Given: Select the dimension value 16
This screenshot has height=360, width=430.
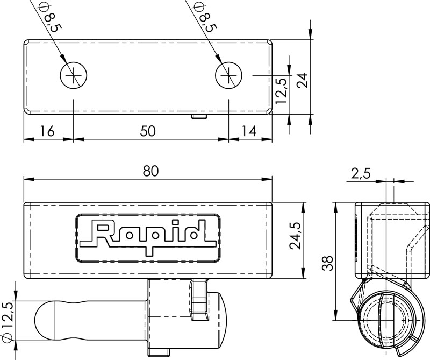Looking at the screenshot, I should point(48,131).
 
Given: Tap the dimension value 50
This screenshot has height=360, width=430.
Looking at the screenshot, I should point(148,131).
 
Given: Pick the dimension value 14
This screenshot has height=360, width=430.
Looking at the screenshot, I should point(249,131).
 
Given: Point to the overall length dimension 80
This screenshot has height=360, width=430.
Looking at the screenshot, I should point(150,171).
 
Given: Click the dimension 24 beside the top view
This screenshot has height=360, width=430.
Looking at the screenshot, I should point(303,80).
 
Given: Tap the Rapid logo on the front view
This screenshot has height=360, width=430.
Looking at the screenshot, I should point(148,236).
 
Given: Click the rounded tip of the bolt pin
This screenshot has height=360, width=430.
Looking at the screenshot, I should point(43,320).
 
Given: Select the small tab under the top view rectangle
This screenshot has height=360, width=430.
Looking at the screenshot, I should point(199,116).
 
